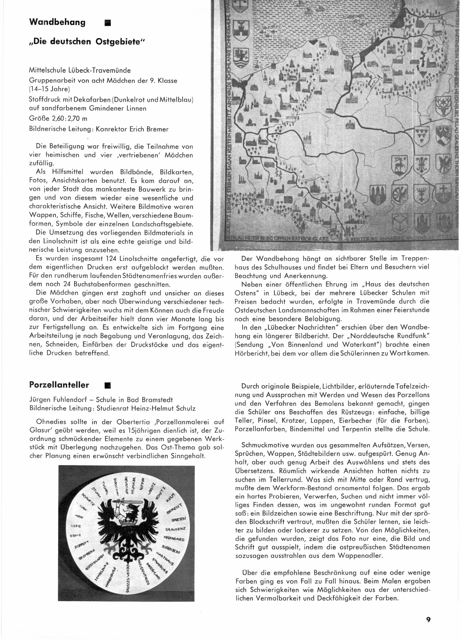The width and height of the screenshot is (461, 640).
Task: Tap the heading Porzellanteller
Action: (x=59, y=385)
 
